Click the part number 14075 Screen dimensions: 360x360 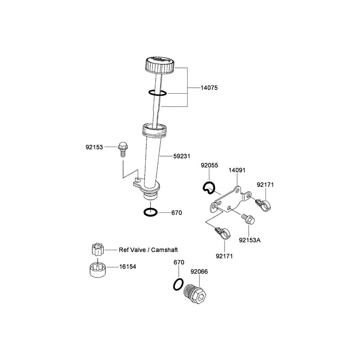tap(209, 88)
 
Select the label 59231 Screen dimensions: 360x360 tap(182, 156)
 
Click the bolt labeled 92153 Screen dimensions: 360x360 tap(123, 149)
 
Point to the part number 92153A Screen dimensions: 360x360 tap(250, 240)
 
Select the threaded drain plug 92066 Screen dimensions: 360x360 tap(195, 294)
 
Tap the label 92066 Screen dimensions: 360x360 tap(199, 272)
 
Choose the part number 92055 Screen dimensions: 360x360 tap(209, 165)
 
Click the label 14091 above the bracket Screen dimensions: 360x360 tap(237, 170)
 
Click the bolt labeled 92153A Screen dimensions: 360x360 tap(248, 219)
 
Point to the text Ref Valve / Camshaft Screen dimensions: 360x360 tap(148, 250)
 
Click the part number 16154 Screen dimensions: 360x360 tap(127, 266)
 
